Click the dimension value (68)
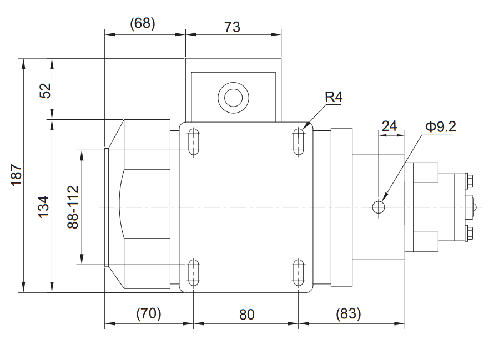tap(143, 24)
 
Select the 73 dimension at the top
tap(233, 26)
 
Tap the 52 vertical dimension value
tap(45, 89)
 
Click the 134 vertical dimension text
tap(45, 205)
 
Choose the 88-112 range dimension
tap(72, 206)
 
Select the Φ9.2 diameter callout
tap(440, 126)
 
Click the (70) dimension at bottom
tap(149, 313)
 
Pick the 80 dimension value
tap(246, 314)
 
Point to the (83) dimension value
tap(348, 313)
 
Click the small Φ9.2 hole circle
tap(379, 207)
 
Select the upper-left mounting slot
tap(194, 142)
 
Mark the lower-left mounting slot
tap(194, 272)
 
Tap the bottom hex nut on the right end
tap(470, 233)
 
